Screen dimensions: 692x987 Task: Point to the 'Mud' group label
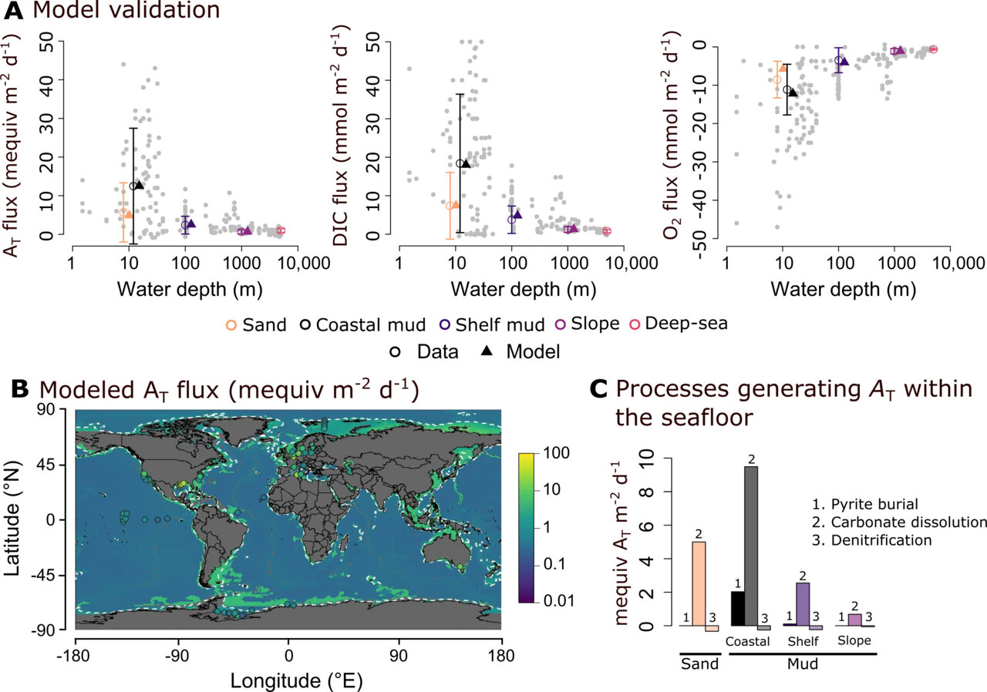(802, 663)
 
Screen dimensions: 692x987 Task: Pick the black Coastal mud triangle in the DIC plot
(466, 163)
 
